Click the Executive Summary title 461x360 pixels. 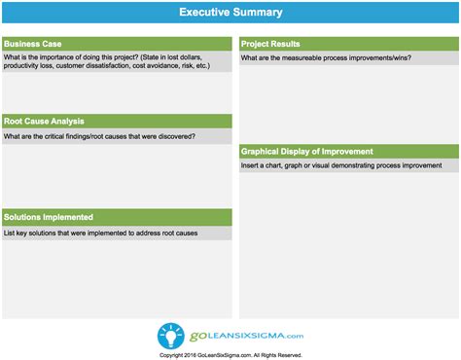click(x=230, y=13)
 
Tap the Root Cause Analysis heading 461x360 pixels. click(x=45, y=122)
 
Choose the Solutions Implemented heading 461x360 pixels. click(x=49, y=217)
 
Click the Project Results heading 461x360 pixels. click(x=270, y=44)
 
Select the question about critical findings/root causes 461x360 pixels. click(x=99, y=137)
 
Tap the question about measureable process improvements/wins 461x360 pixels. click(x=327, y=59)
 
